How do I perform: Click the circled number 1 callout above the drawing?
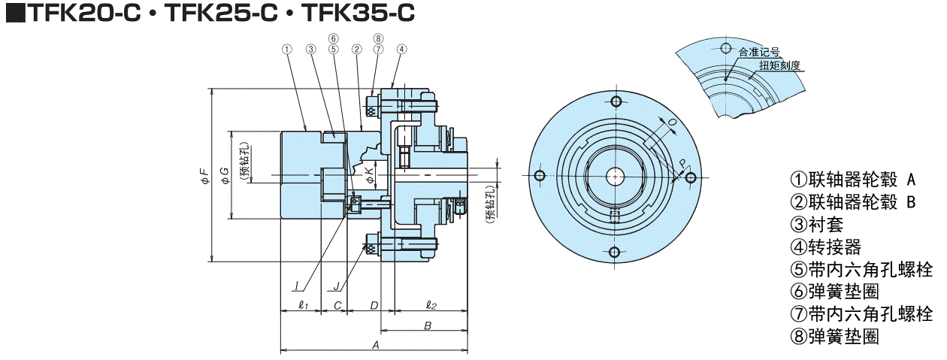pyautogui.click(x=286, y=50)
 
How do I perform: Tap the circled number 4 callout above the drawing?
pyautogui.click(x=401, y=50)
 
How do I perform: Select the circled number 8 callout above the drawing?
pyautogui.click(x=378, y=39)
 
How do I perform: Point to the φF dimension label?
pyautogui.click(x=203, y=177)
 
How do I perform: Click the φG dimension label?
pyautogui.click(x=223, y=177)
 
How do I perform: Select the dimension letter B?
pyautogui.click(x=426, y=325)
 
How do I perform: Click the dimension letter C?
pyautogui.click(x=337, y=305)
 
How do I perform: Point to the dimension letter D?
pyautogui.click(x=373, y=305)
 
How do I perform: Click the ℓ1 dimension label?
pyautogui.click(x=303, y=305)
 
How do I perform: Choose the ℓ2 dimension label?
pyautogui.click(x=431, y=305)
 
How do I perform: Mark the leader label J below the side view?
pyautogui.click(x=337, y=286)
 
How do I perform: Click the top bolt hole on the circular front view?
pyautogui.click(x=615, y=101)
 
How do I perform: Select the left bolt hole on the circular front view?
pyautogui.click(x=539, y=176)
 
